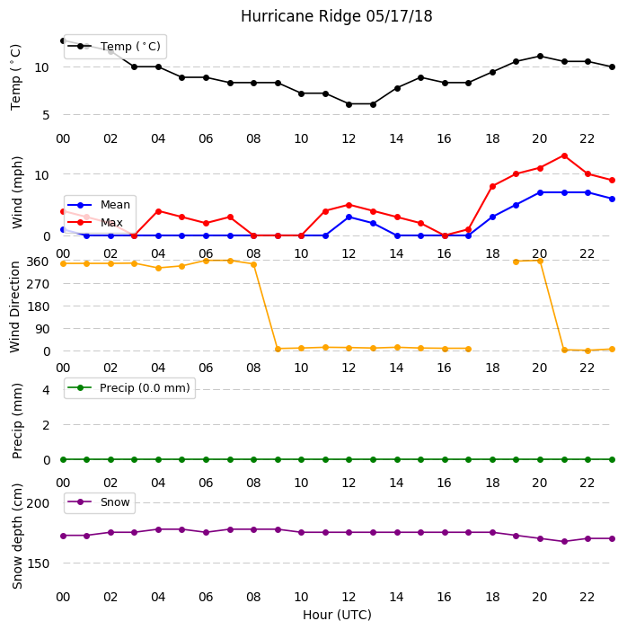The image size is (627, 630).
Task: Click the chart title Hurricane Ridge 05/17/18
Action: (336, 16)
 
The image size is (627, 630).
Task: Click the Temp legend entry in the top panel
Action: (114, 46)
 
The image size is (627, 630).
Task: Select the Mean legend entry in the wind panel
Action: (99, 205)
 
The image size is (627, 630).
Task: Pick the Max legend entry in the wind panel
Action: (95, 222)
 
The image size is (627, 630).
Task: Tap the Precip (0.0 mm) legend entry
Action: (129, 387)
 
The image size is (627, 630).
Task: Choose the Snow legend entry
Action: (99, 502)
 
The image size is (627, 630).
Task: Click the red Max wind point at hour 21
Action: (564, 155)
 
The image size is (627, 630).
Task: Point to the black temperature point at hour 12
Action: (349, 104)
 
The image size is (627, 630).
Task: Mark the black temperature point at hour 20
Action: (540, 57)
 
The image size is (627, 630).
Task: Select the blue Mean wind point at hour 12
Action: (349, 217)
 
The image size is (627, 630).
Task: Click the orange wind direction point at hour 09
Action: (278, 349)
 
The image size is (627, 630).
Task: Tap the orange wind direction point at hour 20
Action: (540, 262)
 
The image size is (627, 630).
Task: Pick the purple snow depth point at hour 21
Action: (564, 541)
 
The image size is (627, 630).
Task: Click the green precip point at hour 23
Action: (612, 459)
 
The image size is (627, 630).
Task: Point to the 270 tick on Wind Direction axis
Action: (38, 284)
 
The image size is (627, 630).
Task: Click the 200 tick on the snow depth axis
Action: (38, 503)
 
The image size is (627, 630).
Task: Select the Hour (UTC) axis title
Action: (337, 615)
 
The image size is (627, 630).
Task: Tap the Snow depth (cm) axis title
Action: (17, 537)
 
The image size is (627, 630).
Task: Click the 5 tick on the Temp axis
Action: (46, 115)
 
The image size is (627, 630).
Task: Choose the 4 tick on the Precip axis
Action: (46, 390)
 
